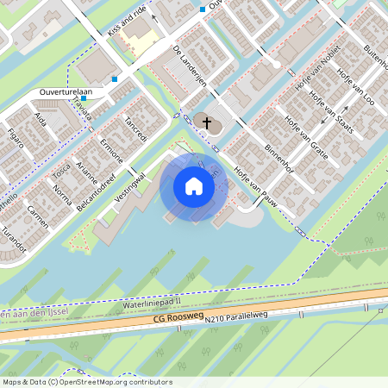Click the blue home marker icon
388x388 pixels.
pyautogui.click(x=194, y=186)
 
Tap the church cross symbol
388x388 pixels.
pyautogui.click(x=206, y=123)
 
